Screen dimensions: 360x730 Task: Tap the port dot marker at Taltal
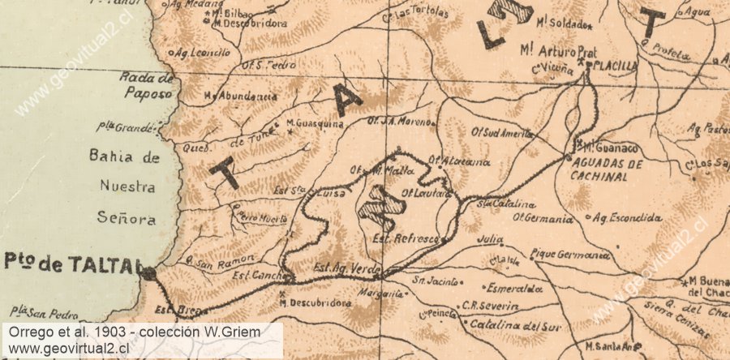[148, 275]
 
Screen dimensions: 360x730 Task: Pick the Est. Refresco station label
[406, 239]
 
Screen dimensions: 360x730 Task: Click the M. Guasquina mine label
[316, 124]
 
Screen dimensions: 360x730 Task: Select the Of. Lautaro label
[424, 195]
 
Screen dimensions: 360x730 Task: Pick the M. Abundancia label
[240, 96]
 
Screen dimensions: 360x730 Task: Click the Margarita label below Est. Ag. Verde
[381, 293]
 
